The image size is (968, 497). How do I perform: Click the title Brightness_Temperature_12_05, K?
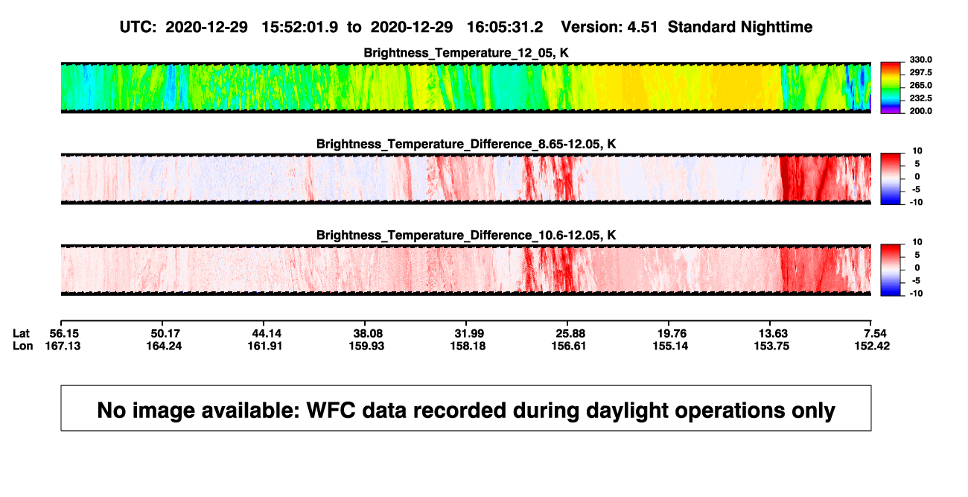466,53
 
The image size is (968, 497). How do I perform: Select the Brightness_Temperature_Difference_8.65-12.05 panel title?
466,144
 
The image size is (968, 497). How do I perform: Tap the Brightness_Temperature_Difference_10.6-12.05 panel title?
466,235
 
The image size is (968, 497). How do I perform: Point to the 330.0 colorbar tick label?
920,60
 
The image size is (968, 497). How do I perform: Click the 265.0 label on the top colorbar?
920,85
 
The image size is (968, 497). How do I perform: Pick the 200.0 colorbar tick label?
920,111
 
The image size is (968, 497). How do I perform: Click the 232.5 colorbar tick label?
920,98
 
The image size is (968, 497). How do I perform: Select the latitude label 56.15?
64,334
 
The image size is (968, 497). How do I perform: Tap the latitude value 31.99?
469,334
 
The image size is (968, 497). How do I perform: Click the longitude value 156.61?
569,346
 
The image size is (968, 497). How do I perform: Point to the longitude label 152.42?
872,346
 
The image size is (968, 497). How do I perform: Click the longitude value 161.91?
265,346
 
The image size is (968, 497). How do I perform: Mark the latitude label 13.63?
773,334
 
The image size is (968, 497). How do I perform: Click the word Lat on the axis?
21,334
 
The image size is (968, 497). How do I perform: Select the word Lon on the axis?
23,346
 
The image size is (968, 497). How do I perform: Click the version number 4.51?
642,28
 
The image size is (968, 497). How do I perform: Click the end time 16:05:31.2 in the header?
505,28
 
